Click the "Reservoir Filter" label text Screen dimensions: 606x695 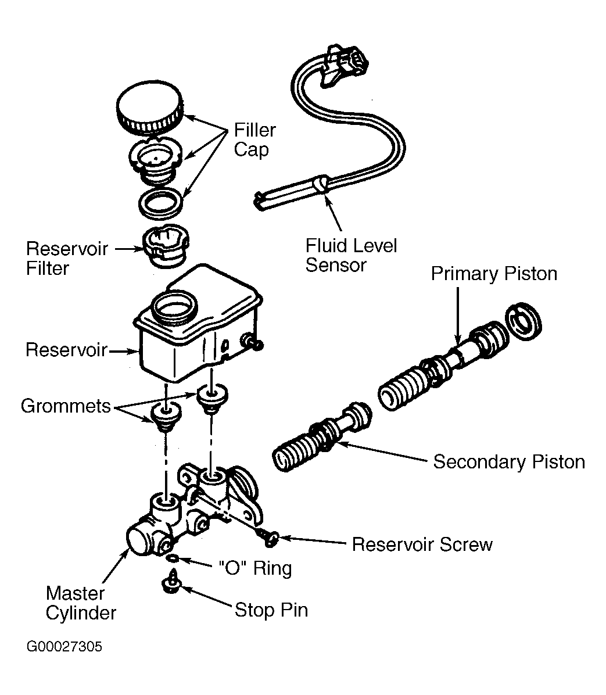click(x=67, y=259)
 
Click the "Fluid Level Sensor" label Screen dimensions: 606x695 click(x=351, y=255)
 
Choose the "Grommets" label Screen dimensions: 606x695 click(x=66, y=406)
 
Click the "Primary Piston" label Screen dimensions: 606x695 click(x=494, y=274)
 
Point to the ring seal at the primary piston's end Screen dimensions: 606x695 click(x=523, y=321)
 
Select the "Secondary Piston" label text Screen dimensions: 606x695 click(x=509, y=462)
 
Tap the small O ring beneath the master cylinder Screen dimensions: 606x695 click(x=173, y=558)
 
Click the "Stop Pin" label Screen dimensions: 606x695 click(x=271, y=610)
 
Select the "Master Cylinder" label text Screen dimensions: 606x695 click(x=81, y=603)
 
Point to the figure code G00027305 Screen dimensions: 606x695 click(x=64, y=647)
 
